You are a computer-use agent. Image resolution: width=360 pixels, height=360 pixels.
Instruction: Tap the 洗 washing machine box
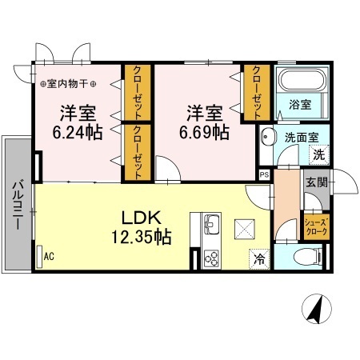tap(318, 154)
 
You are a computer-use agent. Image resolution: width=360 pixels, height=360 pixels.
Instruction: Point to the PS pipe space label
tap(264, 173)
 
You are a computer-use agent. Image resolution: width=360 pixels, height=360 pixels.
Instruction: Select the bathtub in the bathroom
tap(300, 80)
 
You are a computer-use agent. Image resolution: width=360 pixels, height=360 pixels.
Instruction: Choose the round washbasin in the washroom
tap(269, 135)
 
